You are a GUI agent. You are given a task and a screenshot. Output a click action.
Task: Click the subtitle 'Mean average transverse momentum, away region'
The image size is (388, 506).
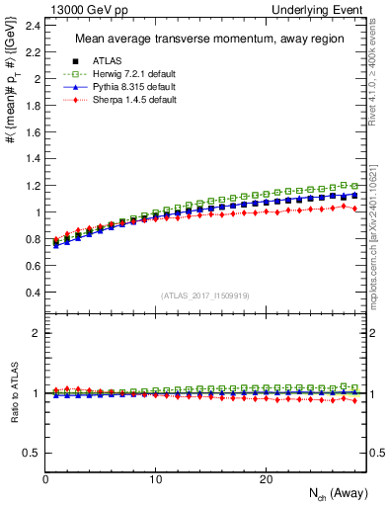(205, 40)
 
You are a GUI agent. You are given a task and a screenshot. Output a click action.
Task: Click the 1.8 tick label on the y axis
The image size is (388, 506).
(33, 105)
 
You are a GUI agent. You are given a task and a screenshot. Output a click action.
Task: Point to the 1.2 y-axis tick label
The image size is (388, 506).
(33, 185)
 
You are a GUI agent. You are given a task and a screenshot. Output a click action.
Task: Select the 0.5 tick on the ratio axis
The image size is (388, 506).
(33, 453)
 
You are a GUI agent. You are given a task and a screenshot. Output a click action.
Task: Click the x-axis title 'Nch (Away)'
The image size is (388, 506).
(327, 493)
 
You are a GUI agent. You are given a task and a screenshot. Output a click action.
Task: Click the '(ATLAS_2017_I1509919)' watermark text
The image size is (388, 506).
(205, 295)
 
